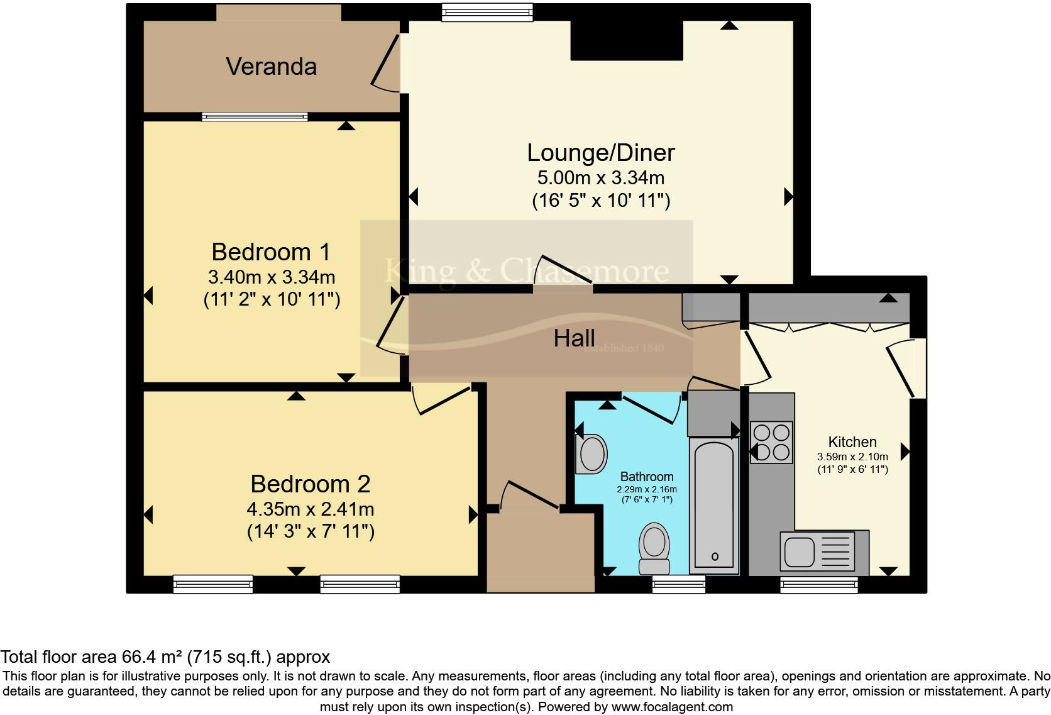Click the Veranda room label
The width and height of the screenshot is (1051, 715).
click(271, 66)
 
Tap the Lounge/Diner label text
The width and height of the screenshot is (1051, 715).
click(600, 153)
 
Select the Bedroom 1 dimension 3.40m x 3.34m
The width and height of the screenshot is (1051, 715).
click(272, 277)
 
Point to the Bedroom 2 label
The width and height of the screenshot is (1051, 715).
click(310, 484)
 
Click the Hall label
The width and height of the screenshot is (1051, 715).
click(575, 338)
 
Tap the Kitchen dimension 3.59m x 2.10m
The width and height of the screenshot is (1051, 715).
click(852, 457)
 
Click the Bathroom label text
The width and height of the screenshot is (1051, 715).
click(647, 477)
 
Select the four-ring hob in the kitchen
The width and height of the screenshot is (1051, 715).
click(771, 442)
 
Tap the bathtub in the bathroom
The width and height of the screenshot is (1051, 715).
click(714, 506)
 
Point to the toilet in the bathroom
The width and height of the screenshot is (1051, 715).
click(654, 548)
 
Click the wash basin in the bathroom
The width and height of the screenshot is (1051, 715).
click(592, 454)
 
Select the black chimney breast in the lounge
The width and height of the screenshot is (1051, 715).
click(626, 40)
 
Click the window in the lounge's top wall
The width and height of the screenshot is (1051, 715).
click(488, 12)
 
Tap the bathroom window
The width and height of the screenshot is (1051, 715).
click(679, 584)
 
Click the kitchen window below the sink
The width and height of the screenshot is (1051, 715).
click(819, 585)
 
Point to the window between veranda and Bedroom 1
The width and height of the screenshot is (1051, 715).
click(255, 117)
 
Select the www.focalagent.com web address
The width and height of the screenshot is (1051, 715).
click(672, 707)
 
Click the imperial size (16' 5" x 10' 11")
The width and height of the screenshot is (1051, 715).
click(600, 201)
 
